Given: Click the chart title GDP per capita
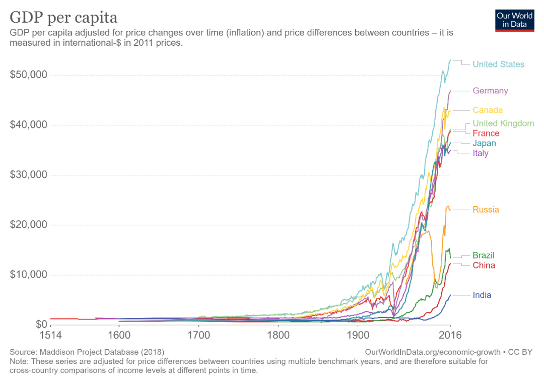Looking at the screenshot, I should (x=63, y=18).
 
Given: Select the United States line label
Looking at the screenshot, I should (x=498, y=65).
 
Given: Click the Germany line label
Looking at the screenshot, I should (x=490, y=91).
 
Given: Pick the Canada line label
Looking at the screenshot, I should (x=488, y=110).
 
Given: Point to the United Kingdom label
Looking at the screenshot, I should (x=503, y=123).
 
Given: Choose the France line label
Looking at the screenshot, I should (x=486, y=134).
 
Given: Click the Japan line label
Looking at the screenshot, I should (x=484, y=144).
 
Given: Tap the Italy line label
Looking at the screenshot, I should (x=481, y=153).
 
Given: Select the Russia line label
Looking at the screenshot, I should (x=486, y=210).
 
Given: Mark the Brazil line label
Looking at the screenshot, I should (x=484, y=255).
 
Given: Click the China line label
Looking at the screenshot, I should (x=484, y=266).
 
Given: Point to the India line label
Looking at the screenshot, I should (x=482, y=295).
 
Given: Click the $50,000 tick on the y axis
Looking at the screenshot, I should (x=29, y=75).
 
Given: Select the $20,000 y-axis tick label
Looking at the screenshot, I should (x=29, y=225).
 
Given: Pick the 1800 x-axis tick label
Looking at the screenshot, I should (x=278, y=335).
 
